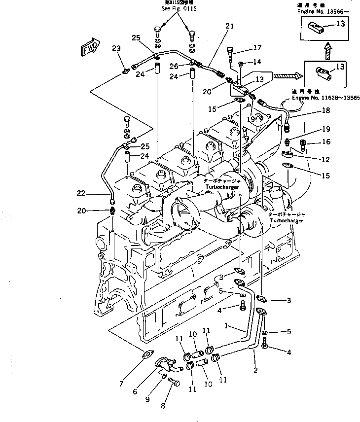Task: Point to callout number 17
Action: pos(257,48)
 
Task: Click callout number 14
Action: pos(257,62)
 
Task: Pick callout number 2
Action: pos(255,370)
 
